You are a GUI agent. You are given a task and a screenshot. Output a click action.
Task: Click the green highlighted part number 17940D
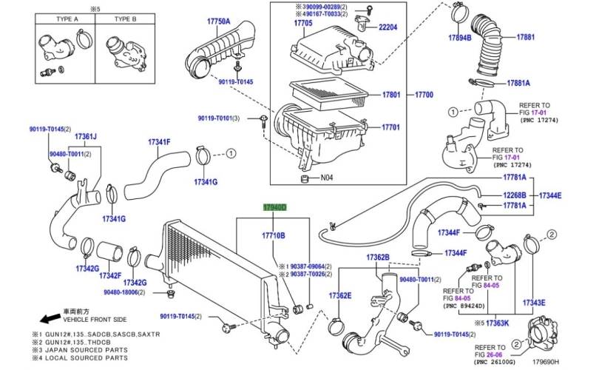pos(275,209)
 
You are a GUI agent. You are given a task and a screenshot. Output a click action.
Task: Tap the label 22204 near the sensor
pos(393,27)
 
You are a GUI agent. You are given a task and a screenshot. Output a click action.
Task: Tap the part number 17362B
pos(376,257)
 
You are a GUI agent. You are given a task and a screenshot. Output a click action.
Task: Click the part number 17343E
pos(534,302)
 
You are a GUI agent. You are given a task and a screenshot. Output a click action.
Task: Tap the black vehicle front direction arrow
pos(50,319)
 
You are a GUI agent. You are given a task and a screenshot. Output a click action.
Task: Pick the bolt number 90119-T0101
pos(224,118)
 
